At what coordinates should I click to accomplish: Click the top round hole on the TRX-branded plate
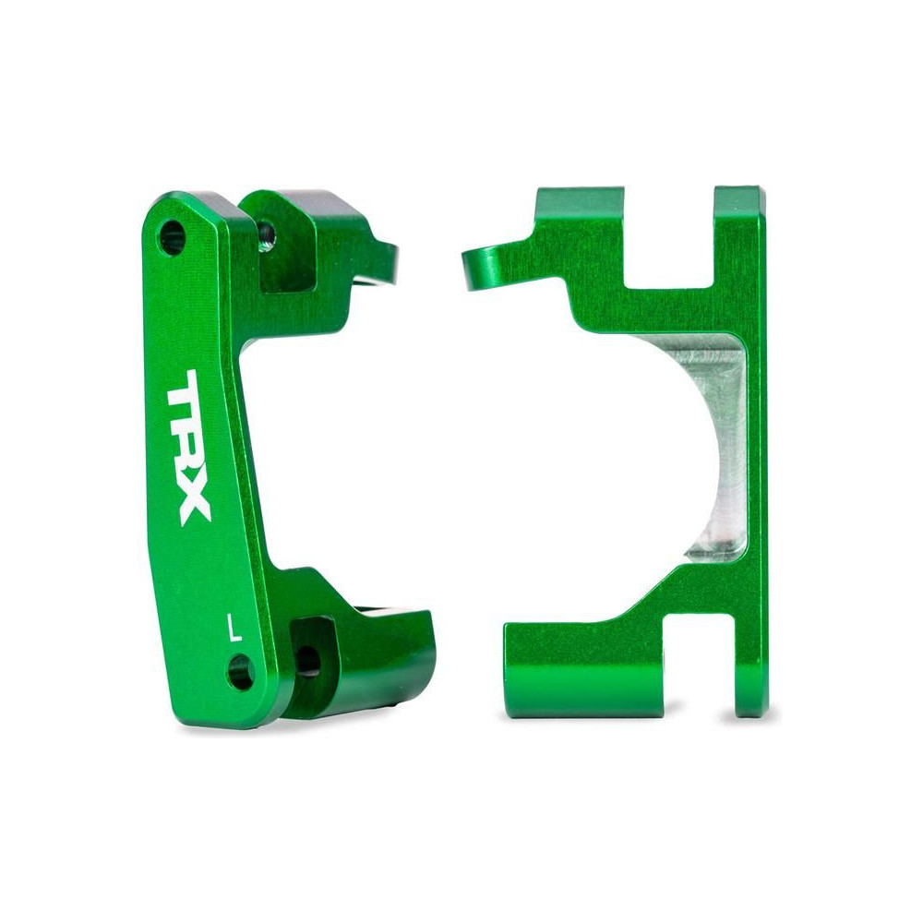[172, 238]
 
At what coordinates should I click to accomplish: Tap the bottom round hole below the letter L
[241, 672]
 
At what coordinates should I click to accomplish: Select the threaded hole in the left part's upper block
[266, 234]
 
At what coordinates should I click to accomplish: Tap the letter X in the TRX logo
[193, 502]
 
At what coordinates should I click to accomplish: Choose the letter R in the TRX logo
[187, 450]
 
